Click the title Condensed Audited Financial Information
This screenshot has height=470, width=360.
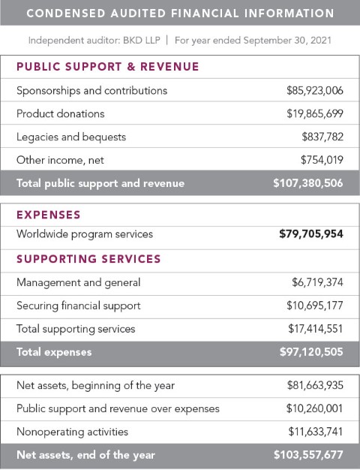coord(180,14)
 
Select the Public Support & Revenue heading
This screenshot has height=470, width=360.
coord(108,67)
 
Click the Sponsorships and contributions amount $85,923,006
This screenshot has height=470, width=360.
coord(314,90)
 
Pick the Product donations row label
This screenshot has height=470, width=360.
coord(61,113)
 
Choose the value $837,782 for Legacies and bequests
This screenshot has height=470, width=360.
coord(322,137)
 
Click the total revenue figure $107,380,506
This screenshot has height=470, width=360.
coord(308,183)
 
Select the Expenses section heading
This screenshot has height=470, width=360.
coord(49,215)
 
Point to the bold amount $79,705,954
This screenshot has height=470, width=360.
coord(311,234)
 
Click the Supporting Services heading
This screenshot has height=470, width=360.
coord(88,259)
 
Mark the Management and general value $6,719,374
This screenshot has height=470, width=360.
coord(317,282)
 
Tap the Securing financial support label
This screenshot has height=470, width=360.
coord(79,306)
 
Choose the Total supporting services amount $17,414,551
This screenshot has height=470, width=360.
coord(315,329)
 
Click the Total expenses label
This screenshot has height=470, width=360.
coord(54,352)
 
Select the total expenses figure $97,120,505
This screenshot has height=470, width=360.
coord(311,352)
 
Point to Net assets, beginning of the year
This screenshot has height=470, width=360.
coord(95,385)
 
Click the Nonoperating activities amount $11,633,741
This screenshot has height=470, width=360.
coord(315,432)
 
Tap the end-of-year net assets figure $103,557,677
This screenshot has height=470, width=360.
coord(308,455)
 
